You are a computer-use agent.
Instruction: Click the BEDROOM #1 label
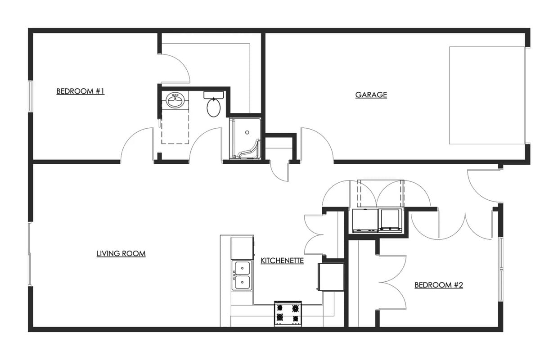[80, 91]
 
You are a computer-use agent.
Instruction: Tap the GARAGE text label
[371, 94]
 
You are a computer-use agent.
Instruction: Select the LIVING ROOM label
[121, 253]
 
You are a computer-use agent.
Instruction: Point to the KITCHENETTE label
[282, 261]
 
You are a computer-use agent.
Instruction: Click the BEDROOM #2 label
[439, 285]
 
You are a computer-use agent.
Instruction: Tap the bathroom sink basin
[174, 100]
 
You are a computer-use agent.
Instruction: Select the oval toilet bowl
[213, 108]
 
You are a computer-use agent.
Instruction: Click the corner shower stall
[245, 139]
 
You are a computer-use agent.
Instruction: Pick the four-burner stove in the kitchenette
[288, 313]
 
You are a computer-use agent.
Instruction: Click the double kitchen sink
[242, 275]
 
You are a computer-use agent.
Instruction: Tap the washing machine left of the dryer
[364, 220]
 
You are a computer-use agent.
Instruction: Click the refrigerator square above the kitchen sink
[242, 248]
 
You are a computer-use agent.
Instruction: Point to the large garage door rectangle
[487, 95]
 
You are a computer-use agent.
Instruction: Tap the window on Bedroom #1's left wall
[30, 96]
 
